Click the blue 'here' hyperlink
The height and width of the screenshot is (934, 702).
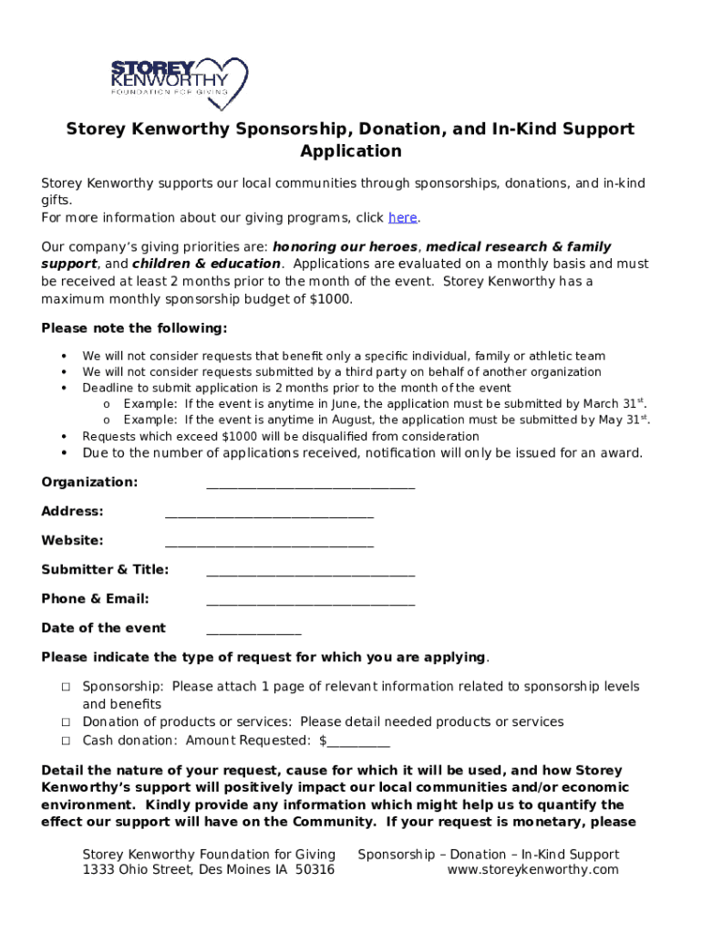coord(403,217)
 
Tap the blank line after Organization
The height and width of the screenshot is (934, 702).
coord(310,484)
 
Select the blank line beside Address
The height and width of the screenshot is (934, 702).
coord(269,514)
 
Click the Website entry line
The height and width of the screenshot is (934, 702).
coord(269,543)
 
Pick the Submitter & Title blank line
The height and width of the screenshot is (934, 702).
coord(310,572)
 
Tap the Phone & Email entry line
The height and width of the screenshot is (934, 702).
coord(310,601)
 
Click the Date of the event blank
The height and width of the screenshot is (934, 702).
coord(253,630)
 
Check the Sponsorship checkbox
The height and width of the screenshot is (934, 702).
coord(67,687)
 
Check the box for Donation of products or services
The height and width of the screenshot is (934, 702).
coord(67,722)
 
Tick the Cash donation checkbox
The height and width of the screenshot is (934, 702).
coord(67,741)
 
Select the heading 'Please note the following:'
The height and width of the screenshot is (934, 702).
coord(134,328)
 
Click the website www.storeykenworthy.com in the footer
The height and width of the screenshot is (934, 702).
coord(532,870)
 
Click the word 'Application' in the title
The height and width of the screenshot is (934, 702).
coord(351,151)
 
